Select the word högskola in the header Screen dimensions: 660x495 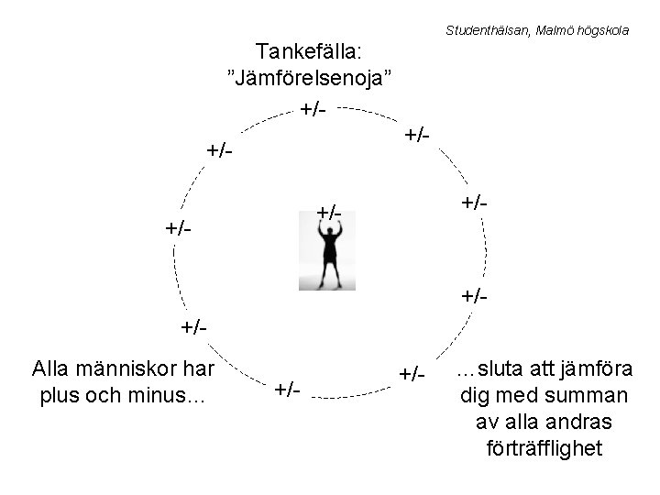point(601,30)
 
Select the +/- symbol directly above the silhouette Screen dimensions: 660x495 point(328,214)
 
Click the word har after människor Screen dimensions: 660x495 point(198,368)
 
